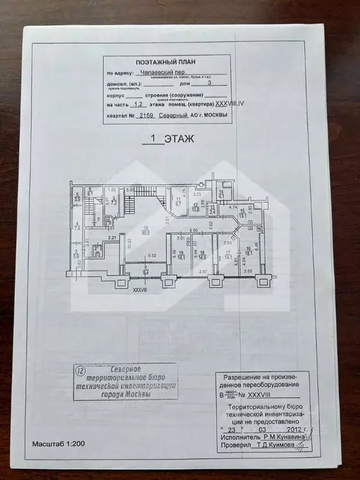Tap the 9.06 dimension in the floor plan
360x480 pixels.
(194, 231)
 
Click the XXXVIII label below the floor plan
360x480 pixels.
(139, 289)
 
